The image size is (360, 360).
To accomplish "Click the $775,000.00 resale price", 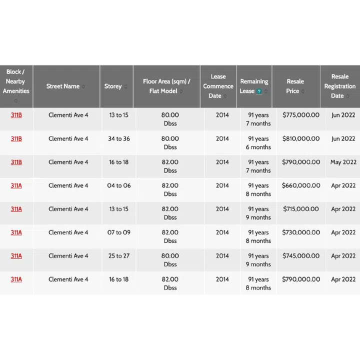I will tap(301, 115).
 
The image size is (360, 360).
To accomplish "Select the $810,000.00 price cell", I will tap(301, 138).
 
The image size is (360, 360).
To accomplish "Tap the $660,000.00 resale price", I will tap(301, 185).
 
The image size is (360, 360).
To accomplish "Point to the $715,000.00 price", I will tap(301, 209).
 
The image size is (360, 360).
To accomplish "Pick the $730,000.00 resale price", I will tap(301, 232).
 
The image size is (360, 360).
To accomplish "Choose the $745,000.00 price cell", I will tap(301, 256).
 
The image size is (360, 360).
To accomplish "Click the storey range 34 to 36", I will tap(118, 138).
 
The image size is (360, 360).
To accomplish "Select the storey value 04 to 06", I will tap(118, 185).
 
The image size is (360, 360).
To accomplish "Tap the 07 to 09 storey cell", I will tap(118, 232).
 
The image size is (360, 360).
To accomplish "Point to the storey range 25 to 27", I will tap(118, 256).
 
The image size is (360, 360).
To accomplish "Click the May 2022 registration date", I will tap(343, 162).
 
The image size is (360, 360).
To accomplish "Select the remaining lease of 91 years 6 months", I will tap(258, 143).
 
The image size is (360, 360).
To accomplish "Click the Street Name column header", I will tap(63, 86).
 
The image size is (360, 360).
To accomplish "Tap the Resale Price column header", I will tap(295, 86).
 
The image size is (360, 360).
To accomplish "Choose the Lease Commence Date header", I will tap(218, 86).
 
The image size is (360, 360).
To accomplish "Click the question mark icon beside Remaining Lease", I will tap(259, 91).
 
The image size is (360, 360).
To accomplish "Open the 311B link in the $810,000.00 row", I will tap(16, 138).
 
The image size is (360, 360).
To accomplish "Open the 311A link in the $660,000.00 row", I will tap(16, 185).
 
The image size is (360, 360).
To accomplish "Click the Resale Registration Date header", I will tap(340, 86).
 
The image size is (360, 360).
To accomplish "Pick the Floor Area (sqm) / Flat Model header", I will tap(166, 86).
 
